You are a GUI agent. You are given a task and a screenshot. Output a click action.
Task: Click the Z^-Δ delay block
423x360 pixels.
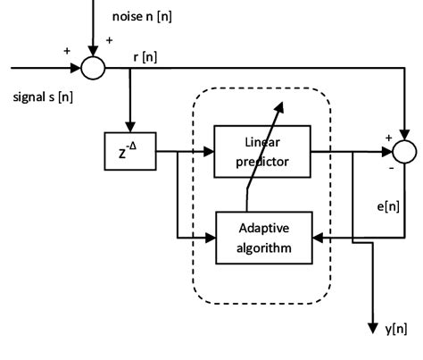point(130,152)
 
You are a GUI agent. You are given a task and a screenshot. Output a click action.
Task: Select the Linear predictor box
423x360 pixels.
point(261,151)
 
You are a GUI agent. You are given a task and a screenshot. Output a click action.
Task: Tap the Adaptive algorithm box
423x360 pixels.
point(261,239)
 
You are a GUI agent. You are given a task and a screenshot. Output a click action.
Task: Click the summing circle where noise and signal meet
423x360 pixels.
point(93,67)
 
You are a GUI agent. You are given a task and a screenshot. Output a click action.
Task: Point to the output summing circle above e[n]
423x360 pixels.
point(402,152)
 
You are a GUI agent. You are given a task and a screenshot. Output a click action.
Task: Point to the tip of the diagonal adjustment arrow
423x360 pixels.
point(284,104)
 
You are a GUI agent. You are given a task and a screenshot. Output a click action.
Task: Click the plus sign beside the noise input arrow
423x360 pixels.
point(109,40)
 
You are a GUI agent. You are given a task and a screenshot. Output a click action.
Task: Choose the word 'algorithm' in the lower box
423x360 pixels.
point(261,247)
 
